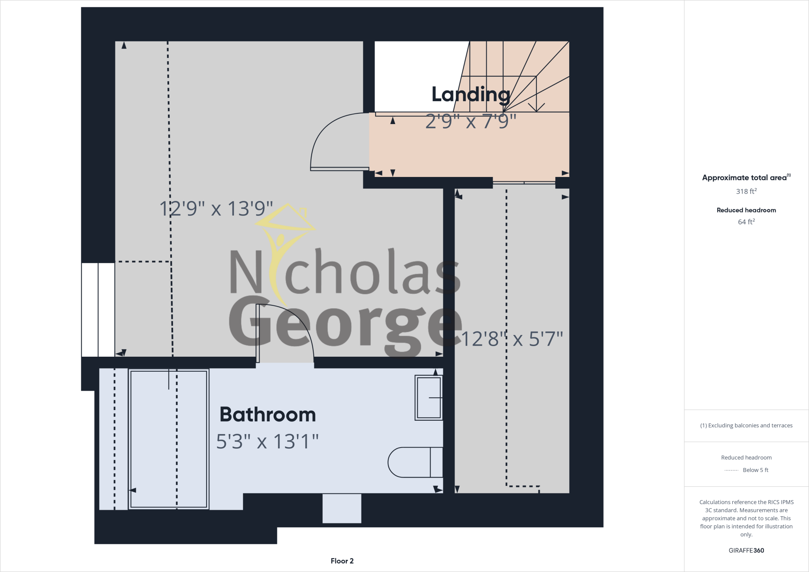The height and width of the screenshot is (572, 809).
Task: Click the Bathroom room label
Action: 267,414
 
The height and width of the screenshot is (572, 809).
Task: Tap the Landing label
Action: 470,94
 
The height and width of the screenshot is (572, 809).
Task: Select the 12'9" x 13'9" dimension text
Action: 216,209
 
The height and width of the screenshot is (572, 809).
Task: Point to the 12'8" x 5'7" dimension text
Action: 512,339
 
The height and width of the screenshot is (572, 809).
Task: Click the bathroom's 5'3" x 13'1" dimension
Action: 267,442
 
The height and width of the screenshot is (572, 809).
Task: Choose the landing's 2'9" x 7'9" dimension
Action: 471,122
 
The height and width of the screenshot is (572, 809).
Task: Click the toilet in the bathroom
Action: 415,462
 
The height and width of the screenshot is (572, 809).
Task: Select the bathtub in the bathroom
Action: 169,439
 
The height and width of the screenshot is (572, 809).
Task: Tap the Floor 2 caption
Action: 342,561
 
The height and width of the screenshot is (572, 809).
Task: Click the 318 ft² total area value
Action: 746,191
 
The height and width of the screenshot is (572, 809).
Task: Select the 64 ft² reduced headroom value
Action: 746,222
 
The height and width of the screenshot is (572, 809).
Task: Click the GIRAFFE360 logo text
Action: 746,550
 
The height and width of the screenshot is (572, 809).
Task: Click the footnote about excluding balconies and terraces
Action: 746,425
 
